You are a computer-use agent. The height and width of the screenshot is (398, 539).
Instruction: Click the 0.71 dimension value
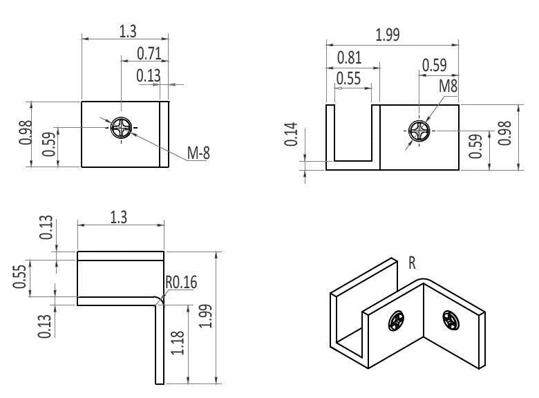pos(149,53)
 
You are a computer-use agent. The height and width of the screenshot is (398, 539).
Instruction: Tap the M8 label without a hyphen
pos(449,86)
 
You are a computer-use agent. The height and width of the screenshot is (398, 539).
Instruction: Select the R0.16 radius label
pos(180,282)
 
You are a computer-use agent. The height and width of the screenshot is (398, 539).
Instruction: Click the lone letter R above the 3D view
pos(412,263)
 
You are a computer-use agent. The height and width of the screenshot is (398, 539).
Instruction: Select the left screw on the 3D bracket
pos(396,321)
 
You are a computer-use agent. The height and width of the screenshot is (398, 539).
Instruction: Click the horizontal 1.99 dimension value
pos(387,35)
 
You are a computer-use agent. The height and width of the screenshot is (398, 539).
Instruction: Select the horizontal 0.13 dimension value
pos(148,76)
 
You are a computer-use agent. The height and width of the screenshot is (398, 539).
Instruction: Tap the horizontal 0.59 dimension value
pos(434,65)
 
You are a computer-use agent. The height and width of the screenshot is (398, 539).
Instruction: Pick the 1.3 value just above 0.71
pos(127,31)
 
